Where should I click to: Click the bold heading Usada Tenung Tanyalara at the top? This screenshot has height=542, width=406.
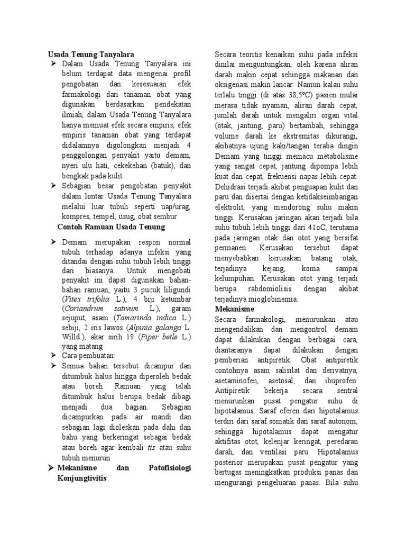[x=91, y=54]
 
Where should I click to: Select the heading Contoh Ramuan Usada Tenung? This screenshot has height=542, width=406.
[x=111, y=227]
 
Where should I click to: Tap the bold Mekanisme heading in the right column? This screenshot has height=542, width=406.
[x=234, y=309]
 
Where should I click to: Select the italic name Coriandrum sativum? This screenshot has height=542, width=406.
[x=103, y=309]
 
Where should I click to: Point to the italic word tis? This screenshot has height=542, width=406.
[x=151, y=448]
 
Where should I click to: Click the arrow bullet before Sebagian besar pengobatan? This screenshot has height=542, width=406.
[x=53, y=186]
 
